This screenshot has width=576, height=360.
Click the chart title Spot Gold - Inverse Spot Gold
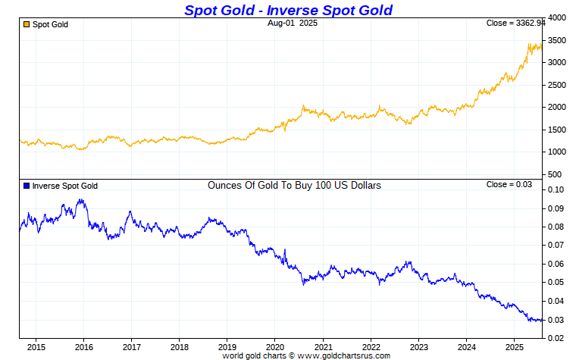pos(288,10)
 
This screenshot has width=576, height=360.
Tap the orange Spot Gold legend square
pos(26,24)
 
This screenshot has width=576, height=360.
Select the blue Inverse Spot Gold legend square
pos(26,185)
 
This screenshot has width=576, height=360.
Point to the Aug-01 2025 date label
pos(293,23)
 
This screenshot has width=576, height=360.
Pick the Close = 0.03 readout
pos(509,184)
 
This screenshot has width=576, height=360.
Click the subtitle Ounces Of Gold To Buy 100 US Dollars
pos(294,185)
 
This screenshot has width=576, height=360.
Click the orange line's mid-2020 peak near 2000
pos(303,106)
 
